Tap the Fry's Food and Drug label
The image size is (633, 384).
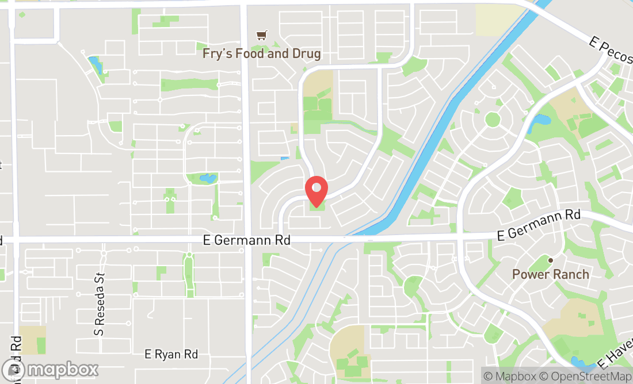(x=261, y=54)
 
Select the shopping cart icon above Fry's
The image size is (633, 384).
(x=262, y=36)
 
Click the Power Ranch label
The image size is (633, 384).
(x=551, y=274)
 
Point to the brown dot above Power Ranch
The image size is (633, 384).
(x=550, y=260)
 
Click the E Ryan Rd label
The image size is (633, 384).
(x=171, y=355)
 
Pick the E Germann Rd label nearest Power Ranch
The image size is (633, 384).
(x=539, y=225)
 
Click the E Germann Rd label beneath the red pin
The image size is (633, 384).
(x=247, y=240)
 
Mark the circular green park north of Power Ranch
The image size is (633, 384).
(x=492, y=120)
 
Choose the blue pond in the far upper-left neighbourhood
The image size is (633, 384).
(x=96, y=64)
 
